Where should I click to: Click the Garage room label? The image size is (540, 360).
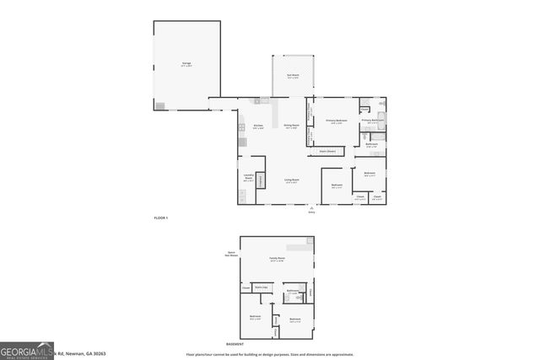[x=186, y=64]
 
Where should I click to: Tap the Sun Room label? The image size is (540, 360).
[x=293, y=77]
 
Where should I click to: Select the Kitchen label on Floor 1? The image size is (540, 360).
[x=258, y=127]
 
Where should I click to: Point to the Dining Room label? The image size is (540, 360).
[x=291, y=126]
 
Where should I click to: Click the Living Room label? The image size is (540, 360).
[x=292, y=181]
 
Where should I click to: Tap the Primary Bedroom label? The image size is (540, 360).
[x=334, y=121]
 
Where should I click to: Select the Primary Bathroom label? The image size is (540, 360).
[x=373, y=121]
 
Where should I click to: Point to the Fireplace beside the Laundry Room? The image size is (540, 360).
[x=261, y=181]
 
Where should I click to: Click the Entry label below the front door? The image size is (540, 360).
[x=312, y=212]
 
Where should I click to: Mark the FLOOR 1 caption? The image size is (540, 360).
[x=161, y=218]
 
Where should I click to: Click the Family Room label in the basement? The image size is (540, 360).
[x=277, y=259]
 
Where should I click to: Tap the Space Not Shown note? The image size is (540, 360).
[x=231, y=254]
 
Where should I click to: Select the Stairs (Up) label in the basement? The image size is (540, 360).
[x=262, y=287]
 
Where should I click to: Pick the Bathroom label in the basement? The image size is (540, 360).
[x=293, y=291]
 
